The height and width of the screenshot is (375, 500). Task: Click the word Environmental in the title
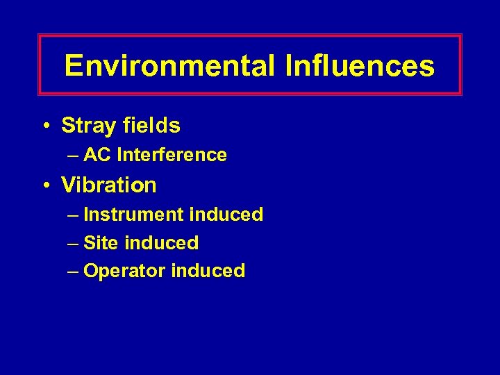pos(169,66)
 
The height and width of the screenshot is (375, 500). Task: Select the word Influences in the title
pos(359,66)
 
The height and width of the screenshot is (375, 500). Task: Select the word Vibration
pos(109,185)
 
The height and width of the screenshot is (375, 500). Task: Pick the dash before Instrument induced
pos(74,215)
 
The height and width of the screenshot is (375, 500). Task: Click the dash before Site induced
pos(74,244)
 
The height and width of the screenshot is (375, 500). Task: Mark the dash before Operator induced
pos(74,272)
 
